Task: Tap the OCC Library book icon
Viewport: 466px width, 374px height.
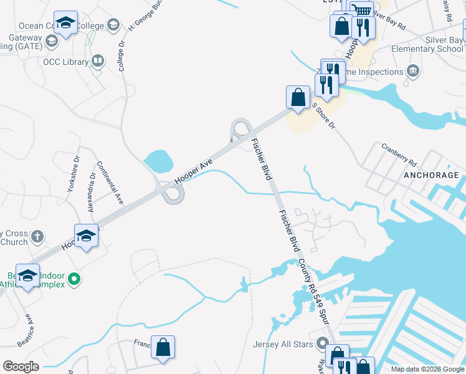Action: (x=98, y=60)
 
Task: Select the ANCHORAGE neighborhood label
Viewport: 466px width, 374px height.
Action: (x=430, y=175)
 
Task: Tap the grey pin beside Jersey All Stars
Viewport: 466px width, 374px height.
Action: (x=322, y=343)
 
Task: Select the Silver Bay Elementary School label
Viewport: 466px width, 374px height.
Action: (x=427, y=44)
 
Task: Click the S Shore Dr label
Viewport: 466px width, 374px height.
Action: (x=323, y=117)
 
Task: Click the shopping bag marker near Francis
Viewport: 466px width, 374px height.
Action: (x=163, y=348)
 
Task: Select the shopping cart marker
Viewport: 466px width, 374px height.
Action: (x=361, y=11)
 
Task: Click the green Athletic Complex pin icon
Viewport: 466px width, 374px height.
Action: (x=74, y=279)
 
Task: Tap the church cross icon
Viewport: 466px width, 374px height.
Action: (x=37, y=236)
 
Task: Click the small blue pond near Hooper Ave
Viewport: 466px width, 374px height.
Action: (x=158, y=161)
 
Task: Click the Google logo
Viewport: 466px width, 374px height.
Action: (x=21, y=367)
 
